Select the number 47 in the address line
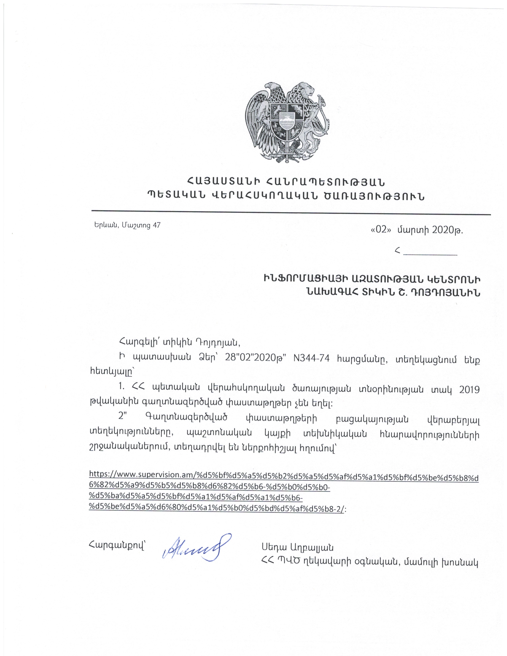point(156,225)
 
